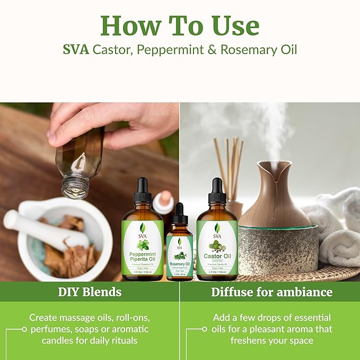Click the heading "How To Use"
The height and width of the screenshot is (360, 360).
coord(180,25)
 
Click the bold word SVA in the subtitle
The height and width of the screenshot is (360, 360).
coord(76,50)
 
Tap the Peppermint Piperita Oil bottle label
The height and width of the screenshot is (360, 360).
coord(143,247)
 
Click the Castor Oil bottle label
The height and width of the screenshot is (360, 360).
coord(217,247)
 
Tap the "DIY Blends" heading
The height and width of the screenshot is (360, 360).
coord(90,292)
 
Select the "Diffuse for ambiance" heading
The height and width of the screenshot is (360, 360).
coord(271,292)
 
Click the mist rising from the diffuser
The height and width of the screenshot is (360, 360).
coord(276,127)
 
